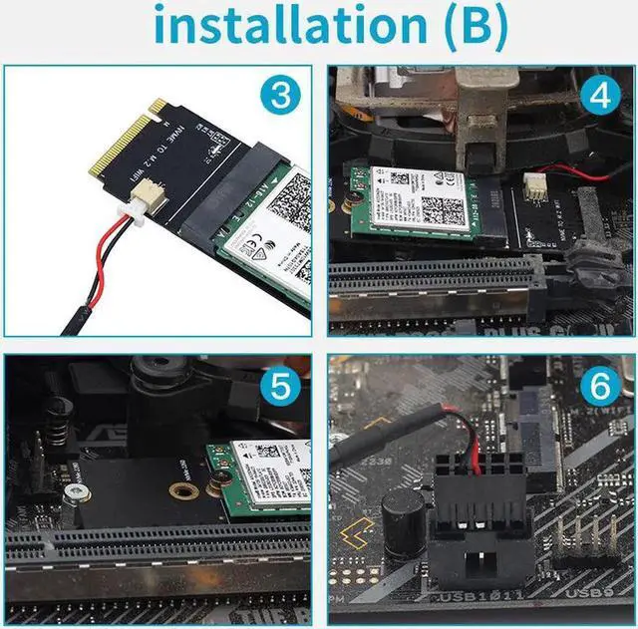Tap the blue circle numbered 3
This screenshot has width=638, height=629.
[282, 97]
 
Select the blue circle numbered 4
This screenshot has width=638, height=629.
[599, 97]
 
